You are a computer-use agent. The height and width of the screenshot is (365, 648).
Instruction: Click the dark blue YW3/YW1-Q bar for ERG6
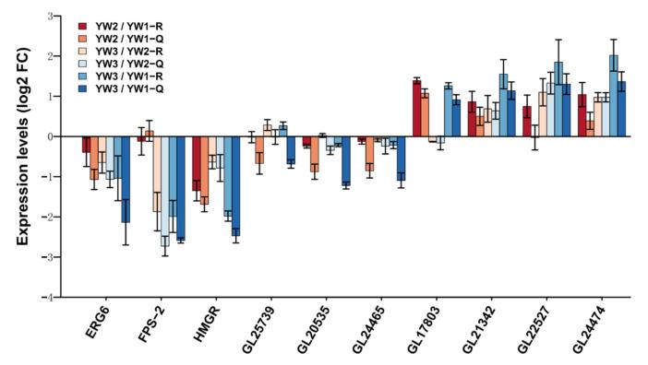125,179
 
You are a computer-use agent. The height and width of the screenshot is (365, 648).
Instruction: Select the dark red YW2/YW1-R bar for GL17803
416,109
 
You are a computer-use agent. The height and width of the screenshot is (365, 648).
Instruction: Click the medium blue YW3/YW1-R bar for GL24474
614,96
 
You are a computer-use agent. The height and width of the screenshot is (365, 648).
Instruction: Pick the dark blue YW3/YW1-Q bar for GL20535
346,160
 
